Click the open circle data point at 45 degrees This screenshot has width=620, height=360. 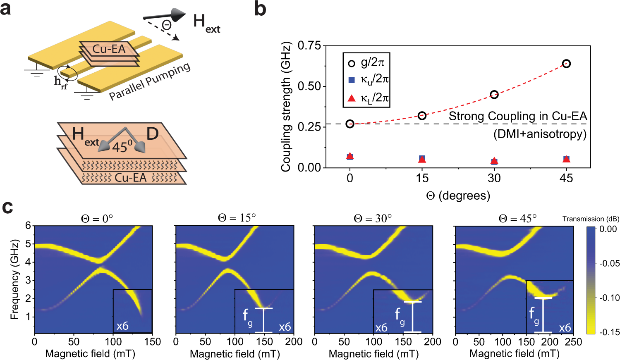(566, 64)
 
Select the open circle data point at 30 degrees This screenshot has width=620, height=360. (494, 95)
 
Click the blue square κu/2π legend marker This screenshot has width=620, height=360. (352, 80)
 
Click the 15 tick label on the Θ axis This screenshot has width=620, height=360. (422, 178)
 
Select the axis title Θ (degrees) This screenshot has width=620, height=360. (458, 195)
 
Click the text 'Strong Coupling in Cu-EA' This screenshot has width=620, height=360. (517, 116)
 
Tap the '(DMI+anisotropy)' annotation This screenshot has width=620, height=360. (540, 134)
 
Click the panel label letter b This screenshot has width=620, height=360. (260, 9)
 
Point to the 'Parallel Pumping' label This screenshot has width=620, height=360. (150, 81)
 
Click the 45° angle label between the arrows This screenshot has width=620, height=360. (122, 146)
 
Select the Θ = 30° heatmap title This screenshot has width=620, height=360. (373, 218)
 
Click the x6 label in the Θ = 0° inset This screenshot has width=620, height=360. (122, 326)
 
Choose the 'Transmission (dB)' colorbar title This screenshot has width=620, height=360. (591, 219)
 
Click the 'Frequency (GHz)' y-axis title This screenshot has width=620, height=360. (15, 279)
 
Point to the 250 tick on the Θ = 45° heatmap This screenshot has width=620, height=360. (573, 342)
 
